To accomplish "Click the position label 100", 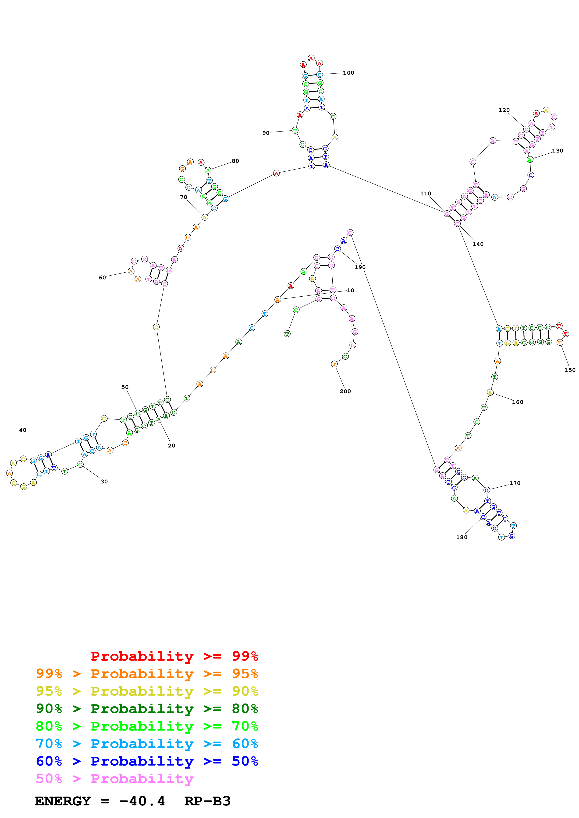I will click(x=348, y=73).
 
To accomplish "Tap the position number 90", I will click(x=266, y=133).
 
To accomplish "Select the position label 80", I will click(x=235, y=161).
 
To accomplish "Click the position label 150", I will click(x=570, y=370).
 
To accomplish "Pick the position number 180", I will click(x=462, y=537).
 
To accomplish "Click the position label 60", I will click(x=102, y=277).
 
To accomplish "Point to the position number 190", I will click(x=360, y=267).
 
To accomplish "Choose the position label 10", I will click(x=350, y=290).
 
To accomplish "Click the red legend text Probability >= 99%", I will click(x=174, y=656).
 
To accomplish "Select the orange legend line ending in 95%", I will click(x=147, y=674).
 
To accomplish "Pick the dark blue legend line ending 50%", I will click(x=147, y=761).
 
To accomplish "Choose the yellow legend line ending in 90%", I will click(x=147, y=691).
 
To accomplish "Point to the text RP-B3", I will click(x=207, y=801).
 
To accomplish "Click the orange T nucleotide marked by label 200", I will click(x=334, y=364).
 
